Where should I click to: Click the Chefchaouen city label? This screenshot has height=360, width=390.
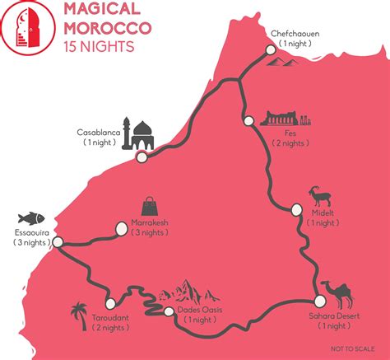[x=294, y=33]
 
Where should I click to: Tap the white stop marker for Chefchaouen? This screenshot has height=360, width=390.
[x=270, y=50]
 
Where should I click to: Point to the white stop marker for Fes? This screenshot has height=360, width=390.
[x=248, y=120]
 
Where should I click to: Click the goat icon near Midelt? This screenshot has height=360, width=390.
[x=322, y=201]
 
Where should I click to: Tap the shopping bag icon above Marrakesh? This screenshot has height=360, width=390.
[x=151, y=206]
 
